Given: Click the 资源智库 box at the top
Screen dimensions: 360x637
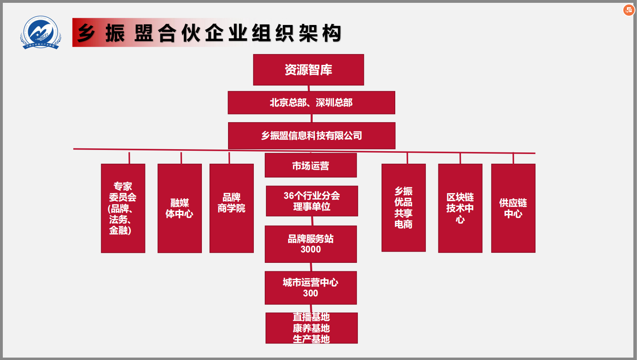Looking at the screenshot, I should tap(308, 70).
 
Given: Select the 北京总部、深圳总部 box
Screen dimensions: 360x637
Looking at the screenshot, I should tap(311, 102).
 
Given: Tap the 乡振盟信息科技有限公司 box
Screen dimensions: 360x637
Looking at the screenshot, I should tap(311, 135).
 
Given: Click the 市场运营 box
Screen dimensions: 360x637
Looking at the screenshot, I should tap(311, 165).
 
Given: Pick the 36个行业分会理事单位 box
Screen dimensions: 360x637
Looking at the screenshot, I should tap(312, 201).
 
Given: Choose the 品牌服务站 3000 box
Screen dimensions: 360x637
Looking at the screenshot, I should tap(311, 244).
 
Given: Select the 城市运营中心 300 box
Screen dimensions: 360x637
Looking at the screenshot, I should tap(311, 287).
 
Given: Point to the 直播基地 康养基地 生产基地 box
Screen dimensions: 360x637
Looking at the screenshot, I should tap(311, 328).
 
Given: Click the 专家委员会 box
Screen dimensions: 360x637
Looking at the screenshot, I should tap(123, 208).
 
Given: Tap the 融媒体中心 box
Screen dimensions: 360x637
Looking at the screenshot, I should tap(180, 208).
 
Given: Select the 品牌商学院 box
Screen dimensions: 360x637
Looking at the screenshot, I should tap(232, 208).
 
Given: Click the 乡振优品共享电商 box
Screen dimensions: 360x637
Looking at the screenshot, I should tap(403, 208).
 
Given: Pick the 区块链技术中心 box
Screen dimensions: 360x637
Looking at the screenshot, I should tap(460, 208).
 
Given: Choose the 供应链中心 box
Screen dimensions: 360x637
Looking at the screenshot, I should tap(513, 208).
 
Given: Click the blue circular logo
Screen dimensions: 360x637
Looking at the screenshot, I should tap(41, 32).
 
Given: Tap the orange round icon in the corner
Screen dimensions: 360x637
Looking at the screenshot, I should tap(629, 10).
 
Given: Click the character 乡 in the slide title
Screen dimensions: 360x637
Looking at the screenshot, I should tap(86, 33).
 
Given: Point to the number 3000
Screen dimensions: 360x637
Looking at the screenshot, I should tap(311, 250).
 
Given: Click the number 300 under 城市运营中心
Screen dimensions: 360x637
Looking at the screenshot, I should tap(311, 293).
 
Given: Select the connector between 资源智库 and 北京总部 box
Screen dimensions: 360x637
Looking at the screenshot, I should tap(309, 88).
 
